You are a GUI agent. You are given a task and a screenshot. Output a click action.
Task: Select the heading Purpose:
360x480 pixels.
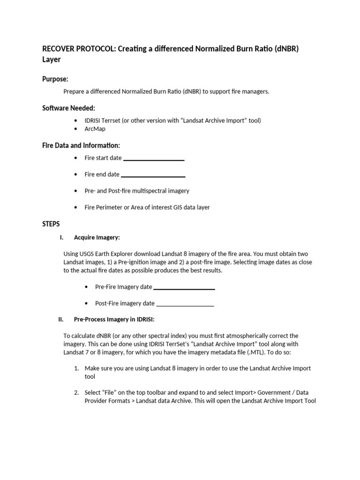click(x=55, y=79)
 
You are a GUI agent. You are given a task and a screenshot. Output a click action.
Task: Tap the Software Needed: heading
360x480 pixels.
click(x=68, y=108)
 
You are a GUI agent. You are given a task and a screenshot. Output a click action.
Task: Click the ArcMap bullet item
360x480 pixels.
click(x=95, y=129)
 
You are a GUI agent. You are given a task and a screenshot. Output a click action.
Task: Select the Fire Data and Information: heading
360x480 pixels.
click(x=81, y=146)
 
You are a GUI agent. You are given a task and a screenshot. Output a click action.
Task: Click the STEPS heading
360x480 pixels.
click(x=51, y=224)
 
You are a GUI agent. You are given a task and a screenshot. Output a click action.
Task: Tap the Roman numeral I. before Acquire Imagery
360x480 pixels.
click(x=61, y=238)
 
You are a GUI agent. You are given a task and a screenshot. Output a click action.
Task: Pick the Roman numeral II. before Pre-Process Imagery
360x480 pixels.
click(x=60, y=320)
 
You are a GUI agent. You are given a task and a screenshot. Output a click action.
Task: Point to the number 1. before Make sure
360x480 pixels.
click(x=77, y=368)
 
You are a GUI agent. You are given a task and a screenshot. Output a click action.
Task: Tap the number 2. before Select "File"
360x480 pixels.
click(x=77, y=392)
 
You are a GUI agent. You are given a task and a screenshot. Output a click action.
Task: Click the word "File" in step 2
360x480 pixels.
click(x=112, y=392)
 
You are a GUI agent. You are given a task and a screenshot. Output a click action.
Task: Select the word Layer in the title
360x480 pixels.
click(x=52, y=60)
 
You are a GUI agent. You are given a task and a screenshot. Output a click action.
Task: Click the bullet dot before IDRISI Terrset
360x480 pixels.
click(x=76, y=121)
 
